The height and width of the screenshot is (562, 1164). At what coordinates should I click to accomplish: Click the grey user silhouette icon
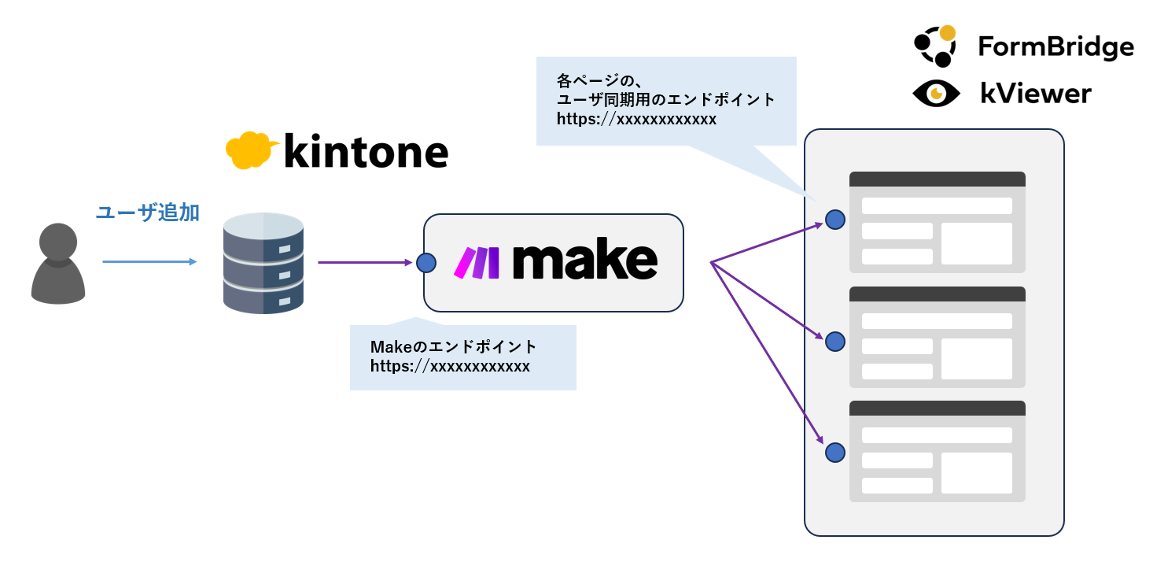(x=58, y=263)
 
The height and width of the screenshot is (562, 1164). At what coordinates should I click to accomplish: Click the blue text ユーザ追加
(x=147, y=213)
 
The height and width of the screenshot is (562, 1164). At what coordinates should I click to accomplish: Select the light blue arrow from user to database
(x=149, y=261)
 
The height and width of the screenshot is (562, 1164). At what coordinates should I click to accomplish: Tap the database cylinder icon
(x=263, y=263)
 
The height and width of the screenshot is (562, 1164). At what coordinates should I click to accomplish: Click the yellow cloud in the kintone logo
(x=250, y=150)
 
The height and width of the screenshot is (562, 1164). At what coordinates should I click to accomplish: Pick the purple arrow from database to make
(x=365, y=262)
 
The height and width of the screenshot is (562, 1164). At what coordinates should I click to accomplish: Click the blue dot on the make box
(x=426, y=262)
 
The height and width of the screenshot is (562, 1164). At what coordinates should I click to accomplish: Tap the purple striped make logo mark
(x=477, y=263)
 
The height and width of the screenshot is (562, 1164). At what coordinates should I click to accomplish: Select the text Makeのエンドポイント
(x=453, y=347)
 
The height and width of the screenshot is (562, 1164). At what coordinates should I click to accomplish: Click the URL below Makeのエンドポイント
(x=450, y=366)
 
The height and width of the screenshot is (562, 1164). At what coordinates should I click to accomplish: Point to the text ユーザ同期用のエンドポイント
(x=666, y=100)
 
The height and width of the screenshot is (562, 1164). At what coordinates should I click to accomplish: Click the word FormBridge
(x=1055, y=47)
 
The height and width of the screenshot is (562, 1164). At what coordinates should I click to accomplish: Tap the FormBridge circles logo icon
(x=935, y=46)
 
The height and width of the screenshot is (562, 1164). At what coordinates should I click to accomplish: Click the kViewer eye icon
(x=936, y=94)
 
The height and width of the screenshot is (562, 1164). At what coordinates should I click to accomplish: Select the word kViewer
(x=1036, y=94)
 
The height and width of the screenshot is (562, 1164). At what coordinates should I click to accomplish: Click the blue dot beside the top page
(x=835, y=220)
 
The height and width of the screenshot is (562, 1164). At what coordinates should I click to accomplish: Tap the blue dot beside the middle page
(x=835, y=342)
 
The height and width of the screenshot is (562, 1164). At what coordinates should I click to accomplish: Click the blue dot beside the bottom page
(x=835, y=453)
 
